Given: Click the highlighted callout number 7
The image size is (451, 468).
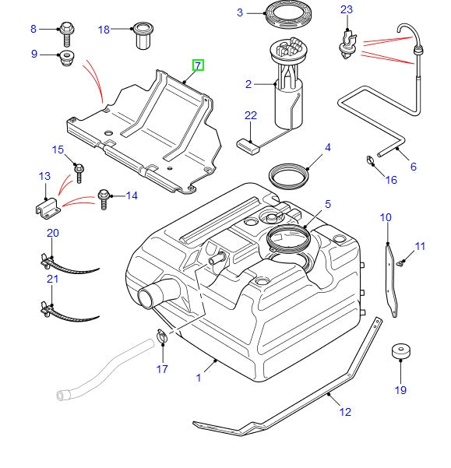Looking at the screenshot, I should (x=199, y=65).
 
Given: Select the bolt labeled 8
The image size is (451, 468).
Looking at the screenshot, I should (x=67, y=31).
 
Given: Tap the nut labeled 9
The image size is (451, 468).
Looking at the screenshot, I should (x=67, y=57).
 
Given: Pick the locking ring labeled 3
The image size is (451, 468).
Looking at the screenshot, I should (x=284, y=14).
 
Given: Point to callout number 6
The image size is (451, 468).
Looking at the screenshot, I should (x=413, y=166).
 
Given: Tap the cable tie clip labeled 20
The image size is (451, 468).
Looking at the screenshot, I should (x=48, y=259).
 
